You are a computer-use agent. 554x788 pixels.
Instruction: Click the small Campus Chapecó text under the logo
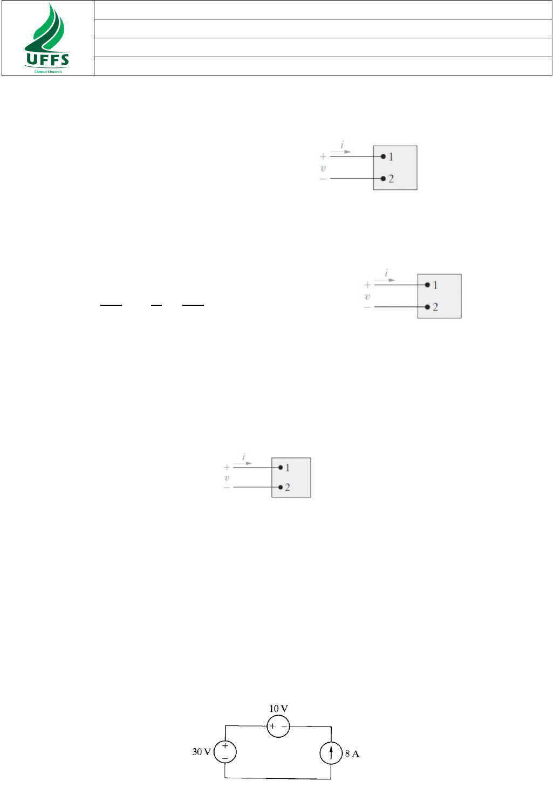(48, 71)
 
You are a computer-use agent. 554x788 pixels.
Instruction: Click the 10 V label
(278, 709)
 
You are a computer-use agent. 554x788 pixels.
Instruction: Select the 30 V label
(201, 752)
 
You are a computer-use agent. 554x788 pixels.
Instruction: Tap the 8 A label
(352, 753)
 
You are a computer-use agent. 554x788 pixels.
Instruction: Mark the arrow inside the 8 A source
(331, 752)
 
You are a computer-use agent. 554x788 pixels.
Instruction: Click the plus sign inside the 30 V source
(225, 746)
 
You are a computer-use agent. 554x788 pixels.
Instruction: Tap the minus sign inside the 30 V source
(225, 758)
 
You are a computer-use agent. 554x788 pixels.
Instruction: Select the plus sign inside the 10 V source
(272, 727)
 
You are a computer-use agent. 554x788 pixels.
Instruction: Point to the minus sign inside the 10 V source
(284, 727)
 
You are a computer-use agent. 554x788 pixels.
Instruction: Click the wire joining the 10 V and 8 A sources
(311, 727)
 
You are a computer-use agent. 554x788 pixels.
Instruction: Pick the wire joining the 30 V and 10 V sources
(245, 726)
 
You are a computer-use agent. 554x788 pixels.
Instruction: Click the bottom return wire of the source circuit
(278, 778)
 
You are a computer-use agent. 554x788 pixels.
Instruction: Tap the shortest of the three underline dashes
(156, 306)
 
